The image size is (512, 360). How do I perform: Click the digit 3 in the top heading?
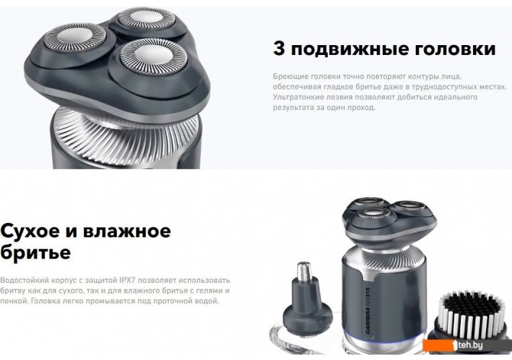point(278,48)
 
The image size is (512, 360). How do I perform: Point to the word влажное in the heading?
point(127,231)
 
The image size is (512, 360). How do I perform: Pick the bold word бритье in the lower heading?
point(35,251)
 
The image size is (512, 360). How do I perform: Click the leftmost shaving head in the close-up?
point(75,38)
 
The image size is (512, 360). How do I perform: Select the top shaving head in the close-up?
point(145,18)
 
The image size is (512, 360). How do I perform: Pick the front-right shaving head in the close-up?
point(154,57)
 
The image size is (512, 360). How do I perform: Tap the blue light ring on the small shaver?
point(384,338)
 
